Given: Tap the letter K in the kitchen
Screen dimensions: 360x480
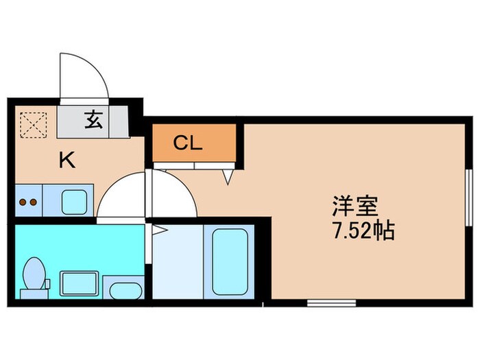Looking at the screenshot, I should (x=67, y=160).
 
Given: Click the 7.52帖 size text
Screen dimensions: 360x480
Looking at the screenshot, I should (x=363, y=231).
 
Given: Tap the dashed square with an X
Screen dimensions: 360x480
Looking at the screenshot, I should (x=30, y=123).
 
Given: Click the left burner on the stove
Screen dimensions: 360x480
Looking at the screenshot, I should (x=22, y=202).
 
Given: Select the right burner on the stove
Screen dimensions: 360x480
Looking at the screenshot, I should (x=32, y=202).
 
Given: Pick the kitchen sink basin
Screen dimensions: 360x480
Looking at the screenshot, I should (x=73, y=202).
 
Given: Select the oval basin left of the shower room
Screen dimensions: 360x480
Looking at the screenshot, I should (x=123, y=289).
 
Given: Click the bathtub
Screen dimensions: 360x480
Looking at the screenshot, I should (x=229, y=261).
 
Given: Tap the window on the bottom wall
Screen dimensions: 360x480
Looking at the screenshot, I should (x=331, y=302).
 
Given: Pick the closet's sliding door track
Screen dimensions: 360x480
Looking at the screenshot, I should (x=194, y=165).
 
